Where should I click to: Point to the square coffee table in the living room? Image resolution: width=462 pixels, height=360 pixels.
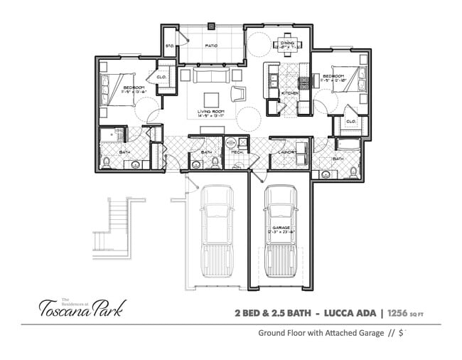coord(212,99)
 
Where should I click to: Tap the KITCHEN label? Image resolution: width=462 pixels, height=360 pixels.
coord(289,93)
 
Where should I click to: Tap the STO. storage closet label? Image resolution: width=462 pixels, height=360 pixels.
coord(170,46)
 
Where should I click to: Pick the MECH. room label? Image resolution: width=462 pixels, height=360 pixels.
coord(236,152)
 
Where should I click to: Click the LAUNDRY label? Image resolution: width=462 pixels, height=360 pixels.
coord(286,152)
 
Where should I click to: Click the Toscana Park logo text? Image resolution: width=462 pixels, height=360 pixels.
coord(81,308)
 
